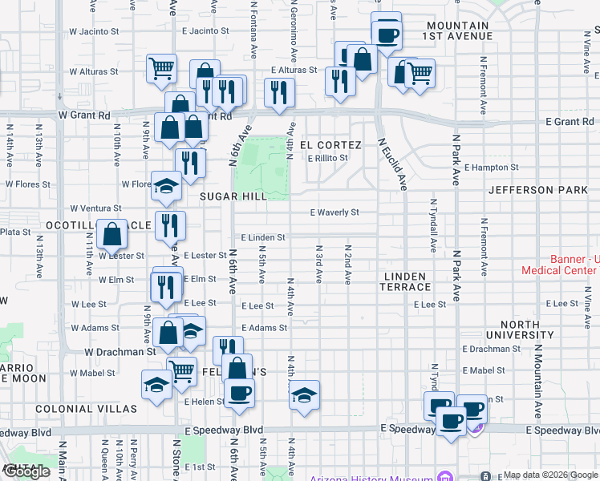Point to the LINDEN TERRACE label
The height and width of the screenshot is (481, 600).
pos(407,281)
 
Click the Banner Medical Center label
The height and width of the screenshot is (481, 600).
pos(560,265)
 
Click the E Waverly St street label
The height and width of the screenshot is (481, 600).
pos(334,212)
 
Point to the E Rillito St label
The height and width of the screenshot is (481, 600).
pos(328,158)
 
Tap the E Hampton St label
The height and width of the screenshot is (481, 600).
pos(492,168)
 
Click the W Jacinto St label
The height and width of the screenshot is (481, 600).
pos(94,31)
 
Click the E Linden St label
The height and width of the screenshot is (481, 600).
pos(263,238)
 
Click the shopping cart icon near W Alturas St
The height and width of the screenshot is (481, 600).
pos(162,68)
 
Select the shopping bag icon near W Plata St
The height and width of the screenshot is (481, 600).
pos(111,233)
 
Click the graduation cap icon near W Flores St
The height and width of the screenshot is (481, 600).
pos(166,186)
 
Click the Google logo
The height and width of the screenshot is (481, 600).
pos(26,472)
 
